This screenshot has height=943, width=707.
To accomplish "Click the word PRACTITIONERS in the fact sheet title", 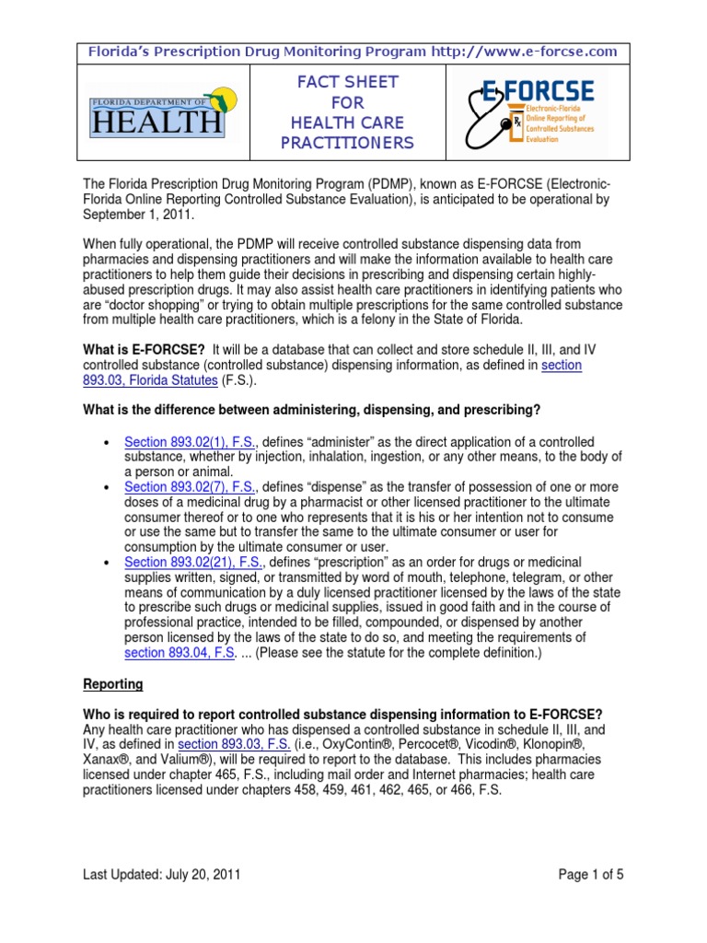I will [x=353, y=143].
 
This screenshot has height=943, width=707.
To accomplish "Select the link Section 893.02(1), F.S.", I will [x=190, y=442].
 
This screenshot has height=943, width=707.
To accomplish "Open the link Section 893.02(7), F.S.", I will [x=190, y=486].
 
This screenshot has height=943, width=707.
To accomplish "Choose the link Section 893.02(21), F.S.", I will [x=193, y=563].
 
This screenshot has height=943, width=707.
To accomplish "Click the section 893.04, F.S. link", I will [x=179, y=653].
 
